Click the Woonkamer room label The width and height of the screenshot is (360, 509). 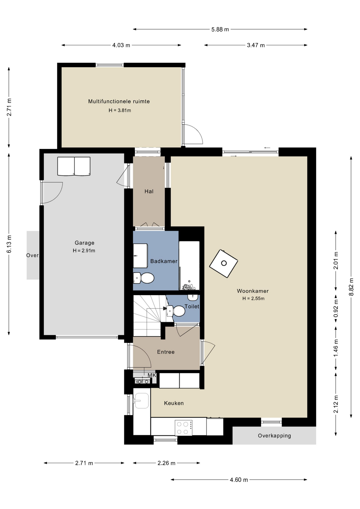click(253, 291)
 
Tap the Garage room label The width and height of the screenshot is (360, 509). click(84, 243)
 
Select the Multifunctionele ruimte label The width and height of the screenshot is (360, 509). click(119, 101)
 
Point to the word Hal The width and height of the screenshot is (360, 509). click(149, 191)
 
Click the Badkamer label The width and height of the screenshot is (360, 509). click(164, 261)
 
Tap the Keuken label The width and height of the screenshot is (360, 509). click(174, 403)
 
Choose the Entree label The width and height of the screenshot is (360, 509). click(166, 352)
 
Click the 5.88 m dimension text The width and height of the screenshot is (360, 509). click(220, 29)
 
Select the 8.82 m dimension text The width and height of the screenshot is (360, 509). click(351, 287)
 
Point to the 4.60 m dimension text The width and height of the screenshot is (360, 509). click(239, 480)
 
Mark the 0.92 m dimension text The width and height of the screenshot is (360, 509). click(336, 308)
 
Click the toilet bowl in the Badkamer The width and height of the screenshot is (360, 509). click(144, 278)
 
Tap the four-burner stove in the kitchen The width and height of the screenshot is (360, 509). click(183, 428)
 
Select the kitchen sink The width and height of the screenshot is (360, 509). click(142, 401)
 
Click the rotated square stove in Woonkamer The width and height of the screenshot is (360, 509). click(223, 264)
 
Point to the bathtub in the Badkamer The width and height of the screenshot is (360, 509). click(189, 265)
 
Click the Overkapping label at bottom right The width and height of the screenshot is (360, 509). click(274, 436)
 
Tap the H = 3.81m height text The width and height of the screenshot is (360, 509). click(120, 110)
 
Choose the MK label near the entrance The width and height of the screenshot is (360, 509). click(152, 375)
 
